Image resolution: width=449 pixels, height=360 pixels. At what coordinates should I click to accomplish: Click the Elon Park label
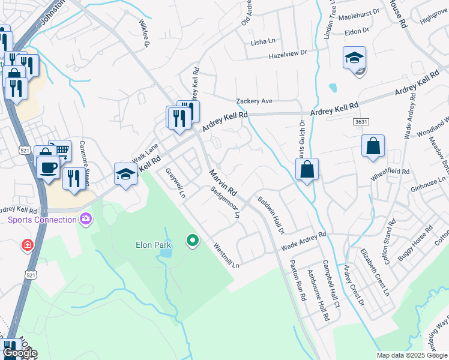click(x=152, y=245)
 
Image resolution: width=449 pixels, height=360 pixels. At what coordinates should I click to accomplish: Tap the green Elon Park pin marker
click(x=192, y=241)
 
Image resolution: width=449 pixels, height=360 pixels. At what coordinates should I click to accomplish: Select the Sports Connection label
click(x=42, y=220)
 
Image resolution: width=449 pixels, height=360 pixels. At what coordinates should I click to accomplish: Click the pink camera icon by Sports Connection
click(x=86, y=219)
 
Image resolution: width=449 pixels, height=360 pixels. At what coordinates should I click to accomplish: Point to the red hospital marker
click(x=26, y=245)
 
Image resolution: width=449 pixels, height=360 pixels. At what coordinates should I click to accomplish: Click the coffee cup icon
click(x=48, y=166)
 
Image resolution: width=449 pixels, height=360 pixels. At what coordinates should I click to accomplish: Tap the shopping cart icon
click(x=60, y=149)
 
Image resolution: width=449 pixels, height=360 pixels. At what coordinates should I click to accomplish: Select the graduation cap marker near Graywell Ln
click(x=125, y=174)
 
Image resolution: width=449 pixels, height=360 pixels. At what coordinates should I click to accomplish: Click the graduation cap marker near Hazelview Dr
click(x=354, y=58)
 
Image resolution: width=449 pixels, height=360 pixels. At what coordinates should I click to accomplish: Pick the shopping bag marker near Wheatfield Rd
click(x=373, y=146)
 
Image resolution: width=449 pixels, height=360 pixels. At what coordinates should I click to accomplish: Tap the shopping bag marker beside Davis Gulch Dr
click(x=307, y=169)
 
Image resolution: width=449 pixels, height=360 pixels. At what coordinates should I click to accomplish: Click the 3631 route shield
click(x=361, y=121)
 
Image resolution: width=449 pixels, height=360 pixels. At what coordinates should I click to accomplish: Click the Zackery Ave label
click(x=255, y=101)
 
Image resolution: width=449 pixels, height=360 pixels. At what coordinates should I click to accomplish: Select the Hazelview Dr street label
click(x=287, y=54)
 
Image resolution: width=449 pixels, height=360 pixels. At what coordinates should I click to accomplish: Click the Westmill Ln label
click(x=228, y=254)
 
